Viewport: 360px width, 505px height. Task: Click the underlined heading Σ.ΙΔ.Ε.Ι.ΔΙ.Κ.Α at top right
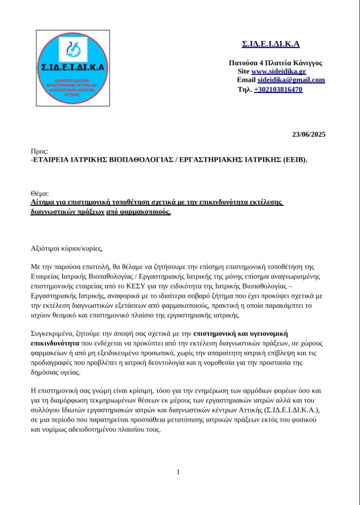coord(270,44)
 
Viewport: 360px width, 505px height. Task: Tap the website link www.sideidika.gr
coord(278,72)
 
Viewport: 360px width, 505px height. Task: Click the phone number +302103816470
coord(278,90)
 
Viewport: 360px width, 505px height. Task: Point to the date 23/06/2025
coord(308,134)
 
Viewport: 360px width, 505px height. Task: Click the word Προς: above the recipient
coord(40,151)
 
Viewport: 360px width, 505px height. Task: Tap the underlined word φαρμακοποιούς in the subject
coord(146,212)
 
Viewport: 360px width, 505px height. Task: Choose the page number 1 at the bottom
coord(178,471)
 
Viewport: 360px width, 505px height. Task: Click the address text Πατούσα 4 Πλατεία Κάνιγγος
coord(275,63)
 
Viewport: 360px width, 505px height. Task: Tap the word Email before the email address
coord(246,80)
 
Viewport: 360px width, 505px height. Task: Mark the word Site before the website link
coord(243,72)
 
